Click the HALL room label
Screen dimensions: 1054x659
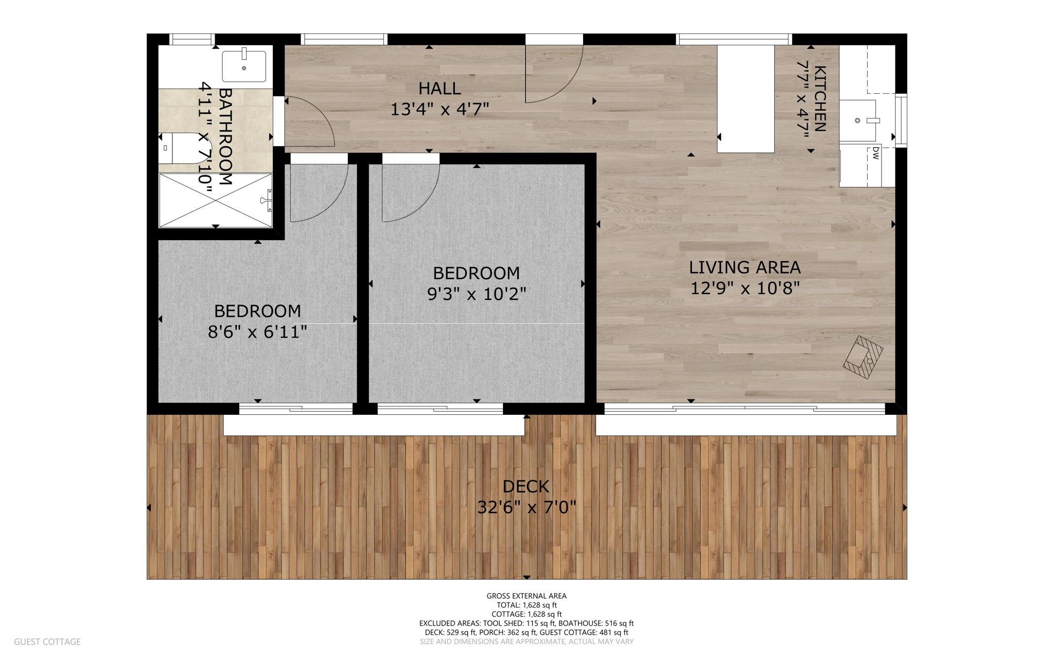tap(440, 89)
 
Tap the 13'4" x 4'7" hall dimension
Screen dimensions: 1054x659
tap(440, 109)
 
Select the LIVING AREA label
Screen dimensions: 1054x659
tap(745, 267)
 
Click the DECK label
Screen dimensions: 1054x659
tap(526, 486)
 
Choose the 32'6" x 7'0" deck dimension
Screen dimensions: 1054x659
tap(526, 508)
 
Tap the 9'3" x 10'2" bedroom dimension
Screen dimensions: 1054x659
tap(477, 294)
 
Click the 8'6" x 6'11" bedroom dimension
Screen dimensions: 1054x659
tap(257, 332)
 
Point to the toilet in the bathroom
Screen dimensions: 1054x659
tap(180, 148)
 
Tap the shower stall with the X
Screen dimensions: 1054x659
tap(216, 200)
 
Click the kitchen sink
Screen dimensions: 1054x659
tap(858, 121)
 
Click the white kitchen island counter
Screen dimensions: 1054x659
tap(746, 99)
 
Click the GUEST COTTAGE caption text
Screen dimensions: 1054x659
tap(47, 641)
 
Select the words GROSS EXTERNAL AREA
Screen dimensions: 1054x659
tap(526, 596)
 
